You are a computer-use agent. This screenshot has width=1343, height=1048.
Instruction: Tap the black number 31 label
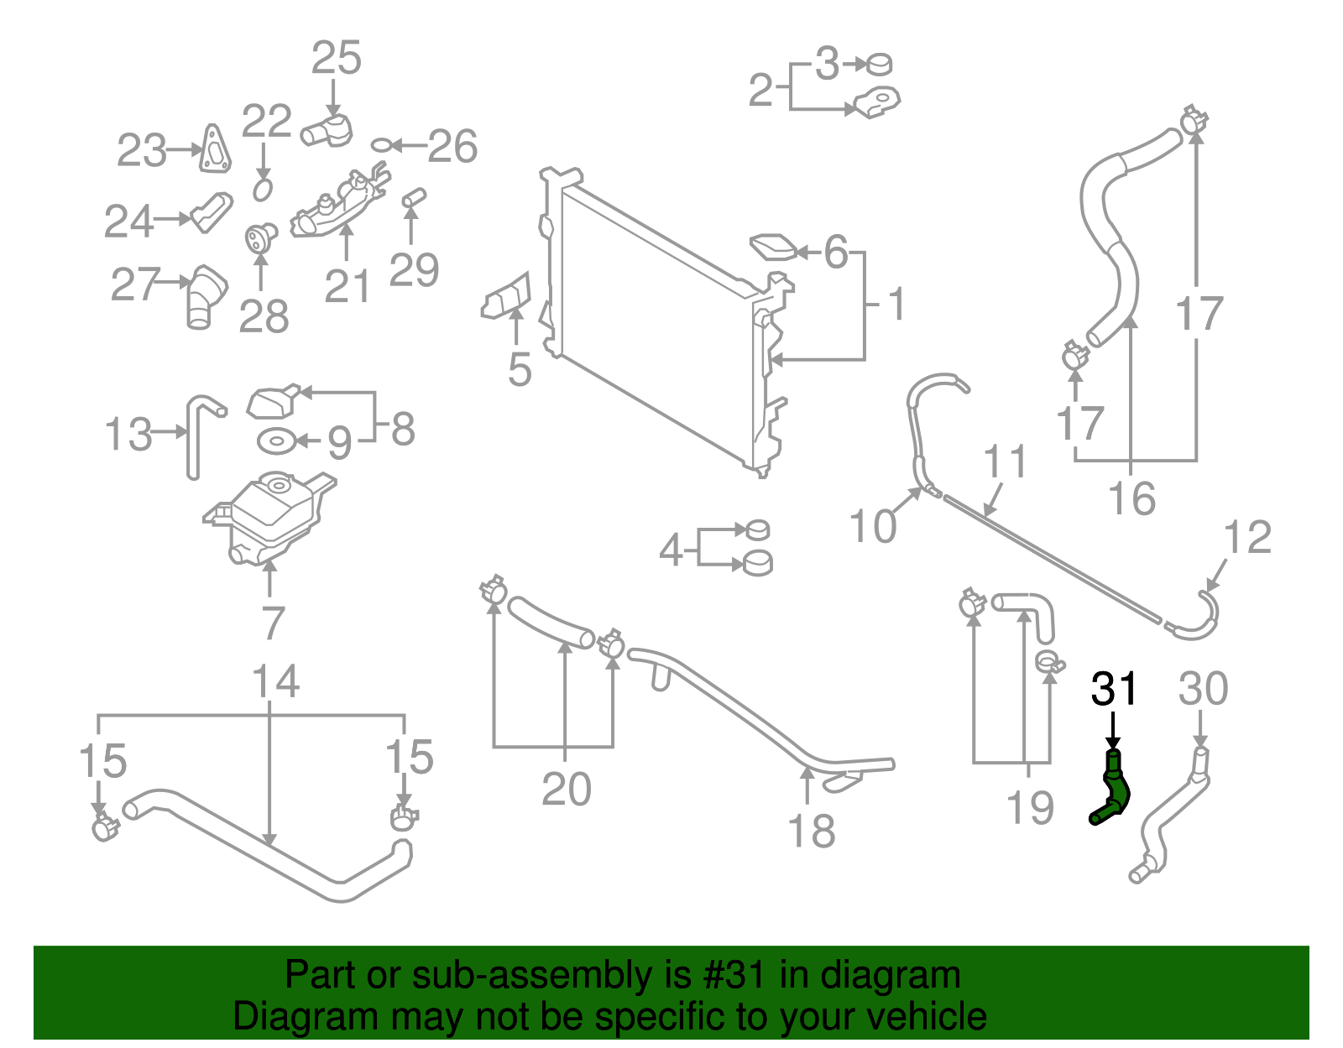click(1114, 689)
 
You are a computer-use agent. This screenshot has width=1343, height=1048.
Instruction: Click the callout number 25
click(336, 58)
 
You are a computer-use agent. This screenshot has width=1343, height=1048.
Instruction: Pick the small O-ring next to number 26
click(380, 145)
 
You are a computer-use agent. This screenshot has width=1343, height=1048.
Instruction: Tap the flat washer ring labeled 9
click(276, 440)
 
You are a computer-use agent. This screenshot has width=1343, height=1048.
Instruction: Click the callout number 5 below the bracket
click(520, 369)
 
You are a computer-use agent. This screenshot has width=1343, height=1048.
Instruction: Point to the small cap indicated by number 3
click(879, 64)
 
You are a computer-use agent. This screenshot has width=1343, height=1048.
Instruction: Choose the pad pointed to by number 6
click(773, 247)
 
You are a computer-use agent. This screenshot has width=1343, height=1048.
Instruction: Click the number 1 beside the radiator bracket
click(896, 304)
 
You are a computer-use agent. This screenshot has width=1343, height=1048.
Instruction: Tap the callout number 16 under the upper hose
click(1131, 498)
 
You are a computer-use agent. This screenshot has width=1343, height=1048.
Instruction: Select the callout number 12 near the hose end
click(1247, 537)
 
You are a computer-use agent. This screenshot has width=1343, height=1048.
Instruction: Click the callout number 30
click(1203, 689)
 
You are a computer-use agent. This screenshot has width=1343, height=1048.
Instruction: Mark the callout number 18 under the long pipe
click(811, 831)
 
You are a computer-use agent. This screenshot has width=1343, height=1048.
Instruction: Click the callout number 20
click(566, 789)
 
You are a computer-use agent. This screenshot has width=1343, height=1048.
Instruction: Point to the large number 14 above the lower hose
click(275, 681)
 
